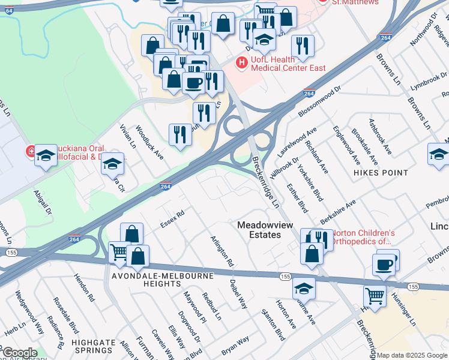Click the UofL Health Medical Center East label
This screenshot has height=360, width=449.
click(288, 64)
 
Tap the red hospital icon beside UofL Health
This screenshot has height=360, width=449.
click(242, 61)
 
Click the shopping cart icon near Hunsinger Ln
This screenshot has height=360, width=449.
click(375, 295)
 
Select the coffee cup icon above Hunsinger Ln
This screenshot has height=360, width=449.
click(384, 263)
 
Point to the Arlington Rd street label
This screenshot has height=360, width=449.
click(222, 250)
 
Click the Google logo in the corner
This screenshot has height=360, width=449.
click(20, 353)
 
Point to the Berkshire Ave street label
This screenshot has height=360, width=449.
click(338, 212)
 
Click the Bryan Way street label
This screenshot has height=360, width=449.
click(235, 344)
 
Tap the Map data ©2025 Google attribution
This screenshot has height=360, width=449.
click(412, 355)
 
